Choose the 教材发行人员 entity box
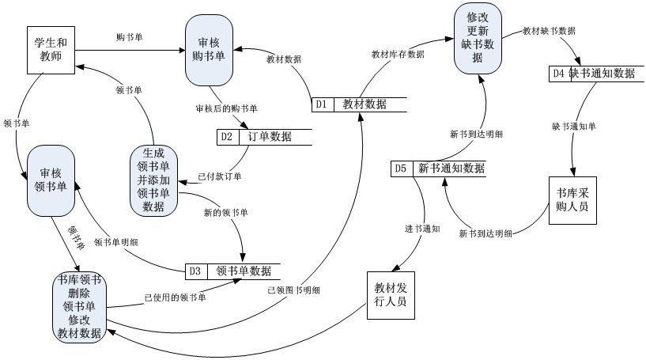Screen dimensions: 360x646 [391, 295]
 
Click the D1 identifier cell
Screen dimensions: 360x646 [322, 104]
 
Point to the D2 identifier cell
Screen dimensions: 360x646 [227, 136]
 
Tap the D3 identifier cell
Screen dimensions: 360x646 [195, 271]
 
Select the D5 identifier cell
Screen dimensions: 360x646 [401, 169]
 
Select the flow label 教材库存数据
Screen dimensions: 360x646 [398, 55]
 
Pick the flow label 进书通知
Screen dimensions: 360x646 [421, 229]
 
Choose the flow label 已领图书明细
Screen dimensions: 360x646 [293, 290]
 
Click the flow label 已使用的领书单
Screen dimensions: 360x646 [175, 297]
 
